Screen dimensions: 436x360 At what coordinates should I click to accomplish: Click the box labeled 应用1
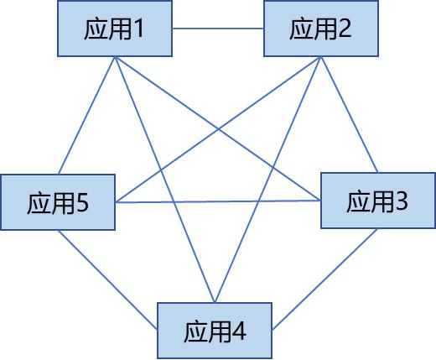point(115,29)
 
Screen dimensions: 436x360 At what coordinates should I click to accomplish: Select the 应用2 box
point(321,29)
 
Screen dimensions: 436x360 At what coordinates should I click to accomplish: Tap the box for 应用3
point(378,201)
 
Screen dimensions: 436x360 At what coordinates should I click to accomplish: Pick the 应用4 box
point(215,331)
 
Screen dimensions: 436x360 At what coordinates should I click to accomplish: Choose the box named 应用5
point(58,202)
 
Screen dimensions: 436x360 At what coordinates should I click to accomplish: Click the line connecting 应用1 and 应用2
point(218,29)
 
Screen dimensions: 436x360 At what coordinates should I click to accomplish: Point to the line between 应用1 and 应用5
point(86,115)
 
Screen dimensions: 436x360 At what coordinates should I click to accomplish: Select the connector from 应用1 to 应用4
point(165,180)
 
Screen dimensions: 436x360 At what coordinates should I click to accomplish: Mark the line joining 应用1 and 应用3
point(218,128)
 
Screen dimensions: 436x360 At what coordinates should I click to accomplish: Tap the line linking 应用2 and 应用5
point(218,129)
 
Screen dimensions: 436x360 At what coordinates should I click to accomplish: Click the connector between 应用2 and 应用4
point(268,180)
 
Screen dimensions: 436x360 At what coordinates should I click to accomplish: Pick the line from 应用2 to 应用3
point(350,114)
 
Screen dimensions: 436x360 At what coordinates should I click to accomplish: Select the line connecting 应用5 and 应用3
point(218,201)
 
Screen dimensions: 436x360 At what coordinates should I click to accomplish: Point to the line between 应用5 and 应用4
point(107,279)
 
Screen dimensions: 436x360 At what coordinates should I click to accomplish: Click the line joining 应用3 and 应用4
point(325,279)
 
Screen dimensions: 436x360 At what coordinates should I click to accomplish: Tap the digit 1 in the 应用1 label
point(139,29)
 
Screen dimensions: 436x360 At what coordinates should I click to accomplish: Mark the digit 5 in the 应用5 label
point(82,203)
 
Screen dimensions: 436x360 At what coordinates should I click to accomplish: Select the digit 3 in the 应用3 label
point(402,201)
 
